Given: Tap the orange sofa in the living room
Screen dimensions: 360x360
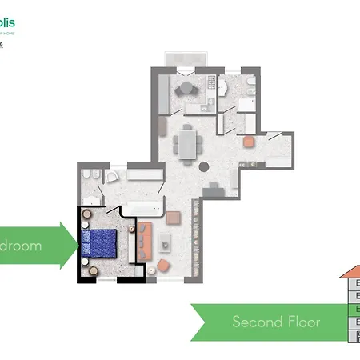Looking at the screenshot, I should [145, 242].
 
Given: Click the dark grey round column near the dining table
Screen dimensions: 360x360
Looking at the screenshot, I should [204, 168].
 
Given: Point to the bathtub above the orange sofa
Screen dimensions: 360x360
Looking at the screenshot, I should [143, 210].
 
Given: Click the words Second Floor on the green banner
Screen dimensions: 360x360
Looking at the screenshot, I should [276, 322].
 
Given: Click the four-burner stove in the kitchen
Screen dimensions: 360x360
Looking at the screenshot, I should [212, 82].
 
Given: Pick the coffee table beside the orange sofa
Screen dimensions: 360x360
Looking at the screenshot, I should [165, 242].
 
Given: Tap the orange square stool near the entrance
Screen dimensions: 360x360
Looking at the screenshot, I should [249, 142].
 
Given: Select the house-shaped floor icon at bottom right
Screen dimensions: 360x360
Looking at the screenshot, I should [350, 304].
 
